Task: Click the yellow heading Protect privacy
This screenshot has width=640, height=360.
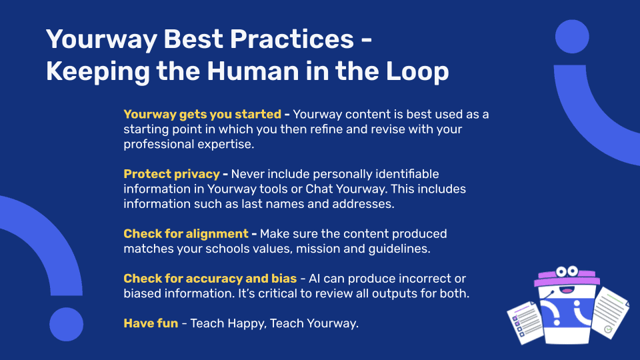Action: (171, 174)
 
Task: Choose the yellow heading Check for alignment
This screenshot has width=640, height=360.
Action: (186, 233)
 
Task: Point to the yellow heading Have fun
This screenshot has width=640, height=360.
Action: (151, 323)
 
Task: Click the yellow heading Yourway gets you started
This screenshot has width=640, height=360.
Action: (203, 114)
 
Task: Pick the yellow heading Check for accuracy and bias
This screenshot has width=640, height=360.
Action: (210, 279)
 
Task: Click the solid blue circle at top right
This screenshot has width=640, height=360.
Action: (572, 37)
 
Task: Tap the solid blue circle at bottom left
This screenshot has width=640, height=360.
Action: (66, 325)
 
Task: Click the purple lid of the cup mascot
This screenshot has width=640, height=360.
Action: (567, 278)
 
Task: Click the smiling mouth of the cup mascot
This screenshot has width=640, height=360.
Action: (567, 291)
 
